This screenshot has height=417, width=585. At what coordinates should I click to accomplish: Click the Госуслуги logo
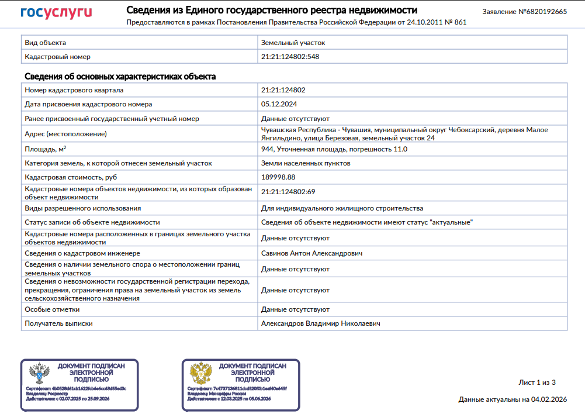(56, 13)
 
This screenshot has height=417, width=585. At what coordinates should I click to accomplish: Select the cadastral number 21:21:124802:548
(290, 57)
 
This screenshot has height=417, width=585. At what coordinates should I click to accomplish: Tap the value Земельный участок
(293, 43)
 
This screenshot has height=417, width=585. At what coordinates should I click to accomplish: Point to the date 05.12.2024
(279, 104)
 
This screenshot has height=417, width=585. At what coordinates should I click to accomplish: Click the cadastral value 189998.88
(278, 177)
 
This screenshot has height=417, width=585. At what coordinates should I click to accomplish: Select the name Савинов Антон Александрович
(311, 253)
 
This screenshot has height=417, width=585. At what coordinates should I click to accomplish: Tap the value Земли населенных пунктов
(306, 163)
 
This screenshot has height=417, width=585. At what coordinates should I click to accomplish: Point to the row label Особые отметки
(52, 309)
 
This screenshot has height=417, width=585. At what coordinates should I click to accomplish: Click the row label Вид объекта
(45, 43)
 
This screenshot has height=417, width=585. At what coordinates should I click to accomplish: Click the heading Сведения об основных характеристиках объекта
(120, 77)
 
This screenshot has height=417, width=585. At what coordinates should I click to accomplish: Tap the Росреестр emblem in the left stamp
(39, 373)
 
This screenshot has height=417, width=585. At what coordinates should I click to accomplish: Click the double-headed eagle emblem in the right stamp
(200, 373)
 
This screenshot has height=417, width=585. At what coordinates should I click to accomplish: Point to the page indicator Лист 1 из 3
(537, 382)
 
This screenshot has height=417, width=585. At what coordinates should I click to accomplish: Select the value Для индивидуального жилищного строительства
(342, 208)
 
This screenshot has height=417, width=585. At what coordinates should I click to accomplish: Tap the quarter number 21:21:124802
(283, 90)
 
